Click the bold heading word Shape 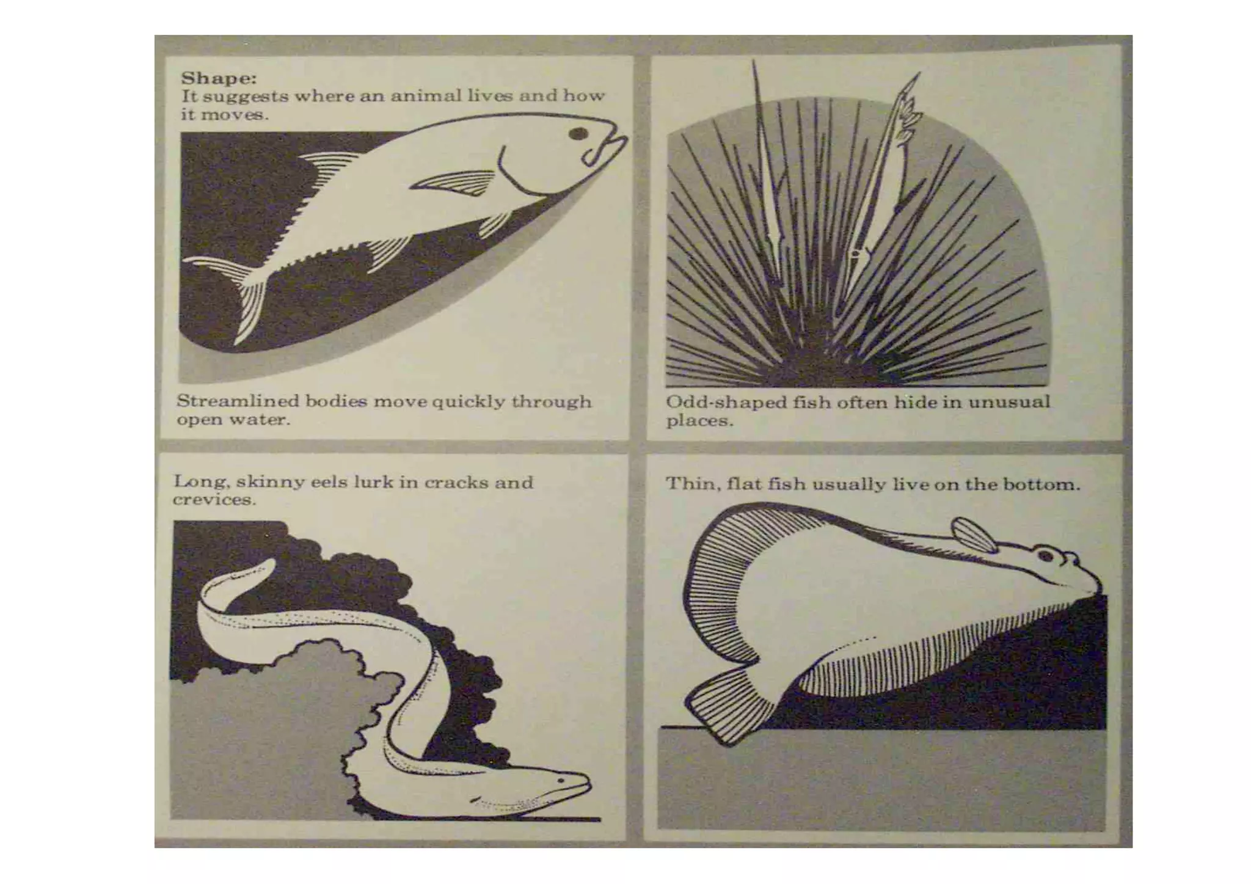pos(218,79)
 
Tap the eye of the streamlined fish pos(578,133)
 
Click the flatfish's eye pos(1046,555)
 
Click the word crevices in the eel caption pos(213,500)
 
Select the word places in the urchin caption pos(698,422)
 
